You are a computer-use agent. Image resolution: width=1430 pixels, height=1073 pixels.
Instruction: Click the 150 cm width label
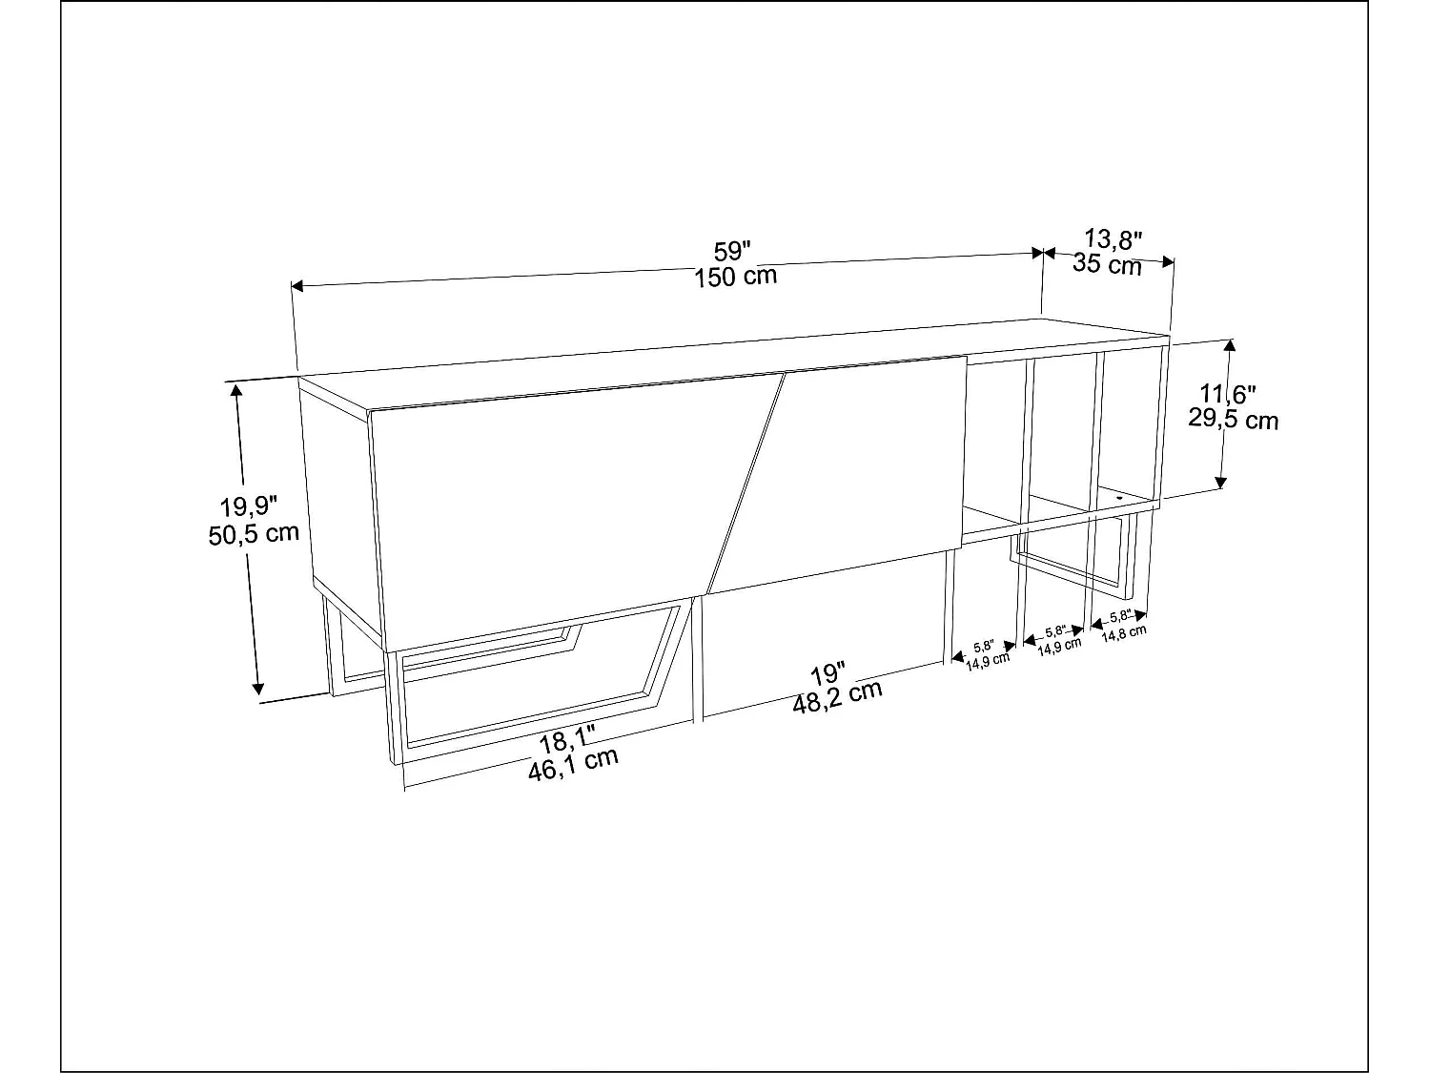point(735,277)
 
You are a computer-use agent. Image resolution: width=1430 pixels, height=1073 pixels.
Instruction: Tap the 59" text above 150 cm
point(733,252)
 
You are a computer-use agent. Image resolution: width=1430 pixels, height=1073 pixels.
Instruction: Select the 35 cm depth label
point(1107,264)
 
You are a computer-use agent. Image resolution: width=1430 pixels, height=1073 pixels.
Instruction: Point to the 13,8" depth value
point(1113,239)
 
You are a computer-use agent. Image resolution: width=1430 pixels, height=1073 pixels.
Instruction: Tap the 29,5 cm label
point(1234,419)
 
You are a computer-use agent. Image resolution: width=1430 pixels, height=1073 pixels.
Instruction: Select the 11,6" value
point(1229,393)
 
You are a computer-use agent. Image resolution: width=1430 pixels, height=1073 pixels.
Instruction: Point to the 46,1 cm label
point(573,764)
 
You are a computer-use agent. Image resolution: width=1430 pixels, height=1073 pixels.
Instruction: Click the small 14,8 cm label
point(1124,631)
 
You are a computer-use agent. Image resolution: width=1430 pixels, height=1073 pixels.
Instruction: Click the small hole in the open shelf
point(1119,496)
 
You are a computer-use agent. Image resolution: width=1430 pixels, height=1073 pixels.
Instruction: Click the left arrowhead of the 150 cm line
point(296,285)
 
